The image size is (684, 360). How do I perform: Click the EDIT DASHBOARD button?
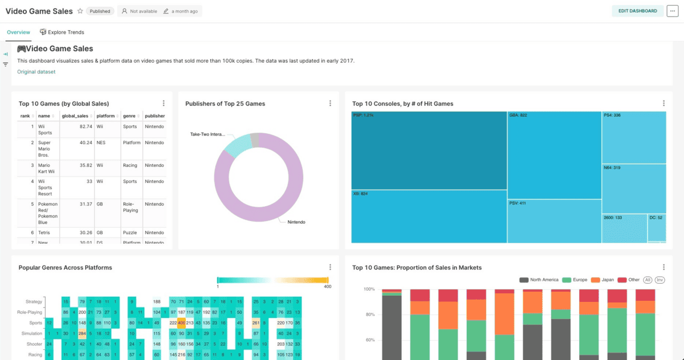click(637, 11)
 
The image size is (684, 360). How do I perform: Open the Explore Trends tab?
click(62, 32)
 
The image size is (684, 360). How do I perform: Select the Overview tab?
click(18, 32)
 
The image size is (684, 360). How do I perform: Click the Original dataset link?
click(36, 72)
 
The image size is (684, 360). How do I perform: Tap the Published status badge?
click(100, 11)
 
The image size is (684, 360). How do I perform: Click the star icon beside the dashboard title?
click(80, 11)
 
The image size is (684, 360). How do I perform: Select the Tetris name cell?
click(44, 232)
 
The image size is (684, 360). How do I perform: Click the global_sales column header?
click(75, 116)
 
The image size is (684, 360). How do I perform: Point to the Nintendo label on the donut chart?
click(296, 222)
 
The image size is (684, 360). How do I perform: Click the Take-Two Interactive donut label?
click(207, 134)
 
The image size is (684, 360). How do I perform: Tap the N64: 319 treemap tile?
click(633, 188)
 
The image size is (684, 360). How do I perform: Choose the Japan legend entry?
click(604, 280)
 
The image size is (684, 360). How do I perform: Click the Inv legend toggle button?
click(659, 280)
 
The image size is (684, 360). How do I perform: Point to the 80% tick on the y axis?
click(369, 314)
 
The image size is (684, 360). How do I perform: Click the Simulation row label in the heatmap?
click(32, 334)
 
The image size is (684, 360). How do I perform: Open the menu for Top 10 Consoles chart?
click(663, 103)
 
